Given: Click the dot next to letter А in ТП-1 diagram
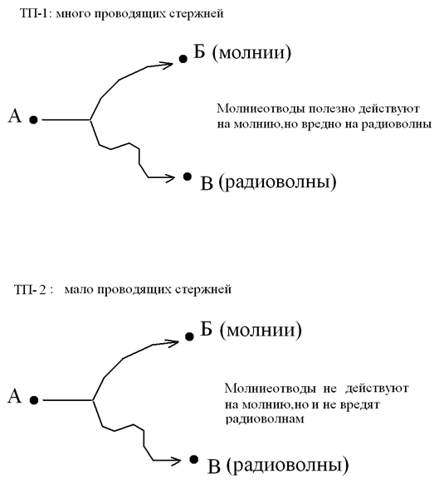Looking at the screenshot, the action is click(33, 120).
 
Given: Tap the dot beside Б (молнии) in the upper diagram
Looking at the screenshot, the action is click(183, 59).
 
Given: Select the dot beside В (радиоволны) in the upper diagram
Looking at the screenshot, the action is click(187, 176).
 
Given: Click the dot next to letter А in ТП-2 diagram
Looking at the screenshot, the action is click(34, 400).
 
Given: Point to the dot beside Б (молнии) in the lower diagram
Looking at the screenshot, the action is click(189, 336).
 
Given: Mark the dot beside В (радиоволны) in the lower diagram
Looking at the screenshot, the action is click(194, 459).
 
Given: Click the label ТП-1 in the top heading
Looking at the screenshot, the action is click(34, 14).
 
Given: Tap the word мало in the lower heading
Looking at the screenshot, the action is click(79, 290).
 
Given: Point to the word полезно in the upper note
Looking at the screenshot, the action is click(332, 109).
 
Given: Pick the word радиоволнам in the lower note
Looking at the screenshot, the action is click(265, 419).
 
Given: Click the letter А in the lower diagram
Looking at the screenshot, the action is click(15, 397).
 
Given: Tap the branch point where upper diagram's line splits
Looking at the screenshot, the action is click(90, 119).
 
